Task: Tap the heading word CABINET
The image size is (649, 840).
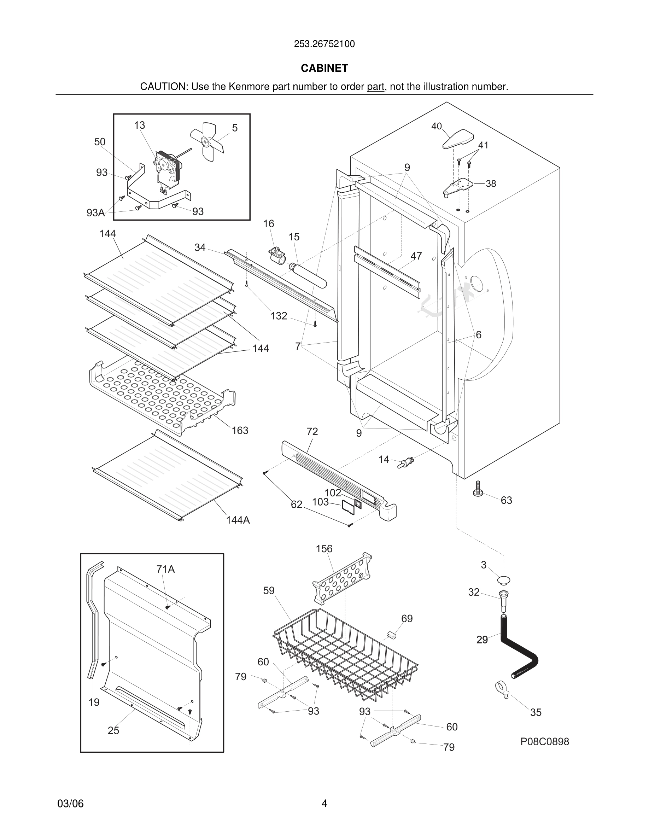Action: (x=324, y=68)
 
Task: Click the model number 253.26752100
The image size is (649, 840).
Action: (x=324, y=44)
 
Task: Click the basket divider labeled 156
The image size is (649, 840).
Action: (x=342, y=579)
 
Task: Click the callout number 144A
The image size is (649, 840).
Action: (x=238, y=520)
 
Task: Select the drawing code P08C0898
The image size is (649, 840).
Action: (x=544, y=741)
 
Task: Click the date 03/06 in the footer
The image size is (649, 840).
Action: (x=70, y=804)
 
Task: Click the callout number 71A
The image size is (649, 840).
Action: (x=165, y=569)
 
